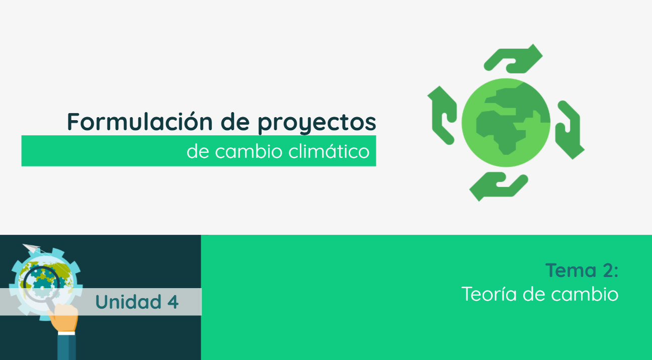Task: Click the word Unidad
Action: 127,302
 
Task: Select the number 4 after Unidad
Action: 173,302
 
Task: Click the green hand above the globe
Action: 513,59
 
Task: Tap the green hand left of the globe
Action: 441,115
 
